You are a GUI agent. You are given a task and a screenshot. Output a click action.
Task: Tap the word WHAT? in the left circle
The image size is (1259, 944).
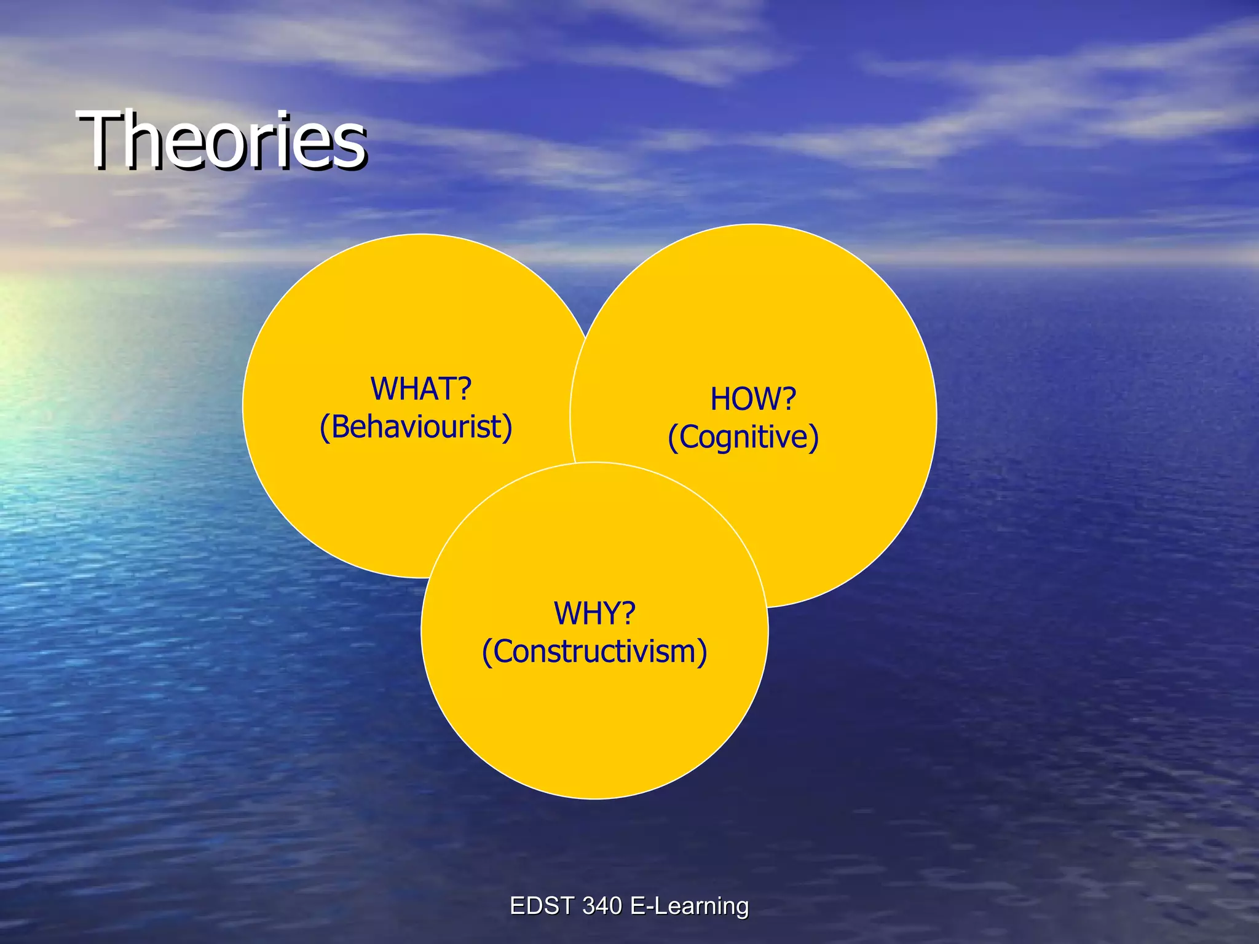[x=420, y=389]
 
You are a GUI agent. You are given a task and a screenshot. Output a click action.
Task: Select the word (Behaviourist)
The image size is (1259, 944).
[x=416, y=427]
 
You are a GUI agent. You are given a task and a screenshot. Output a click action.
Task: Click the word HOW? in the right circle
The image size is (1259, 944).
[x=752, y=399]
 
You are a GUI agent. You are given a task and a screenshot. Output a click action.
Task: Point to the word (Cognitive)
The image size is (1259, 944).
[x=743, y=438]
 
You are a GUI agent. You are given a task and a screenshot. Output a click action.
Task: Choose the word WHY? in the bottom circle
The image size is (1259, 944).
[x=594, y=613]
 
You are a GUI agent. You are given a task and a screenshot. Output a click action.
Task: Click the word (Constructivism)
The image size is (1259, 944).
[x=594, y=651]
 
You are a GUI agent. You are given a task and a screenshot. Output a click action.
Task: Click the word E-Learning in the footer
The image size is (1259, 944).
[x=689, y=906]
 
